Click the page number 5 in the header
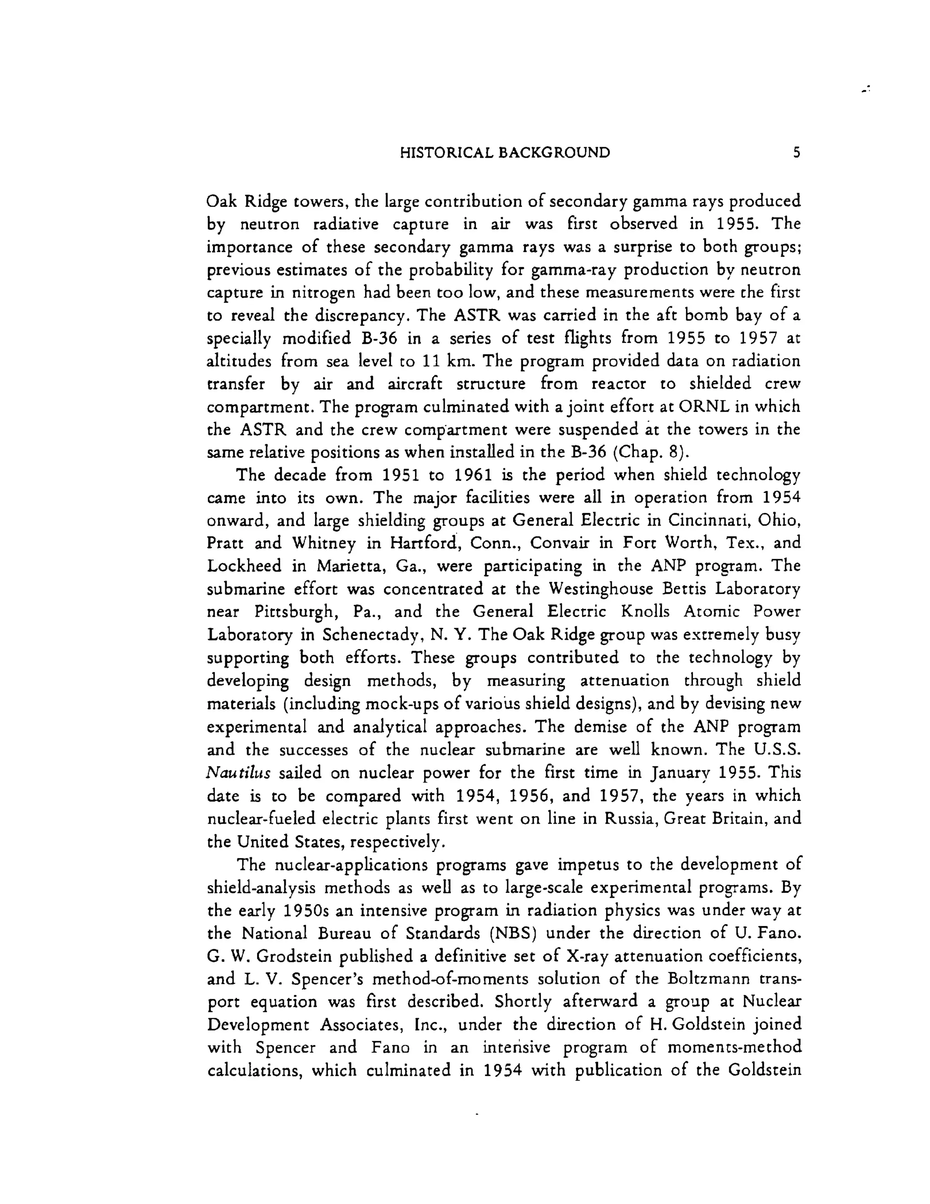click(796, 153)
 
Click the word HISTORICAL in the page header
click(446, 153)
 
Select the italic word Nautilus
click(238, 773)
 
